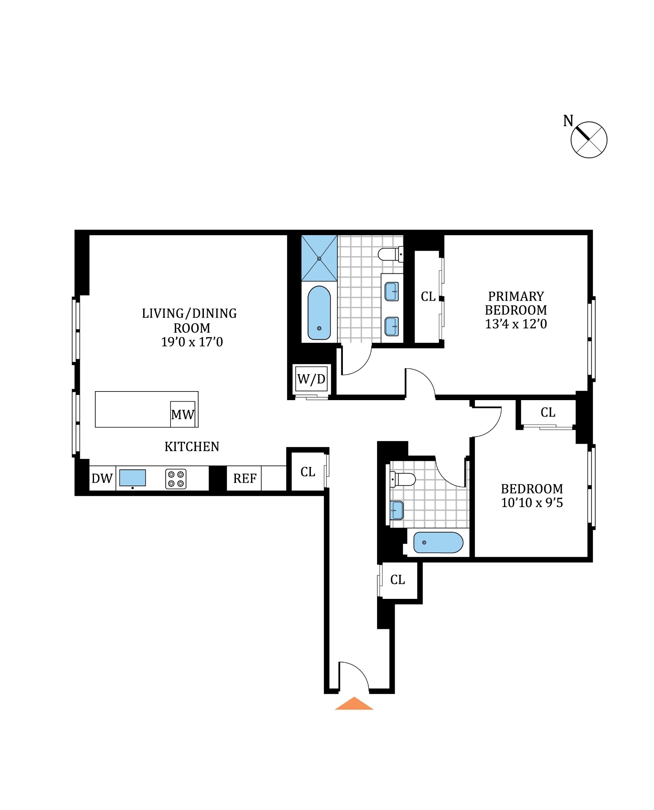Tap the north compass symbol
[588, 140]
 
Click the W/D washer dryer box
[311, 379]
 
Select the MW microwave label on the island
[183, 415]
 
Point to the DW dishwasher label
[102, 478]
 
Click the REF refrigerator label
[244, 478]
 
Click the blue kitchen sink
[133, 477]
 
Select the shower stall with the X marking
[319, 259]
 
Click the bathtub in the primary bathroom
[319, 313]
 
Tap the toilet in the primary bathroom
[390, 254]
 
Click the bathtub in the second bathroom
[438, 542]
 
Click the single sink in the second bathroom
[397, 510]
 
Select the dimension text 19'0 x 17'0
[192, 342]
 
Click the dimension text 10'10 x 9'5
[531, 502]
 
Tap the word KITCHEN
[192, 447]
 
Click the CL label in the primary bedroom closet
[428, 297]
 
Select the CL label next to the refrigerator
[308, 472]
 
